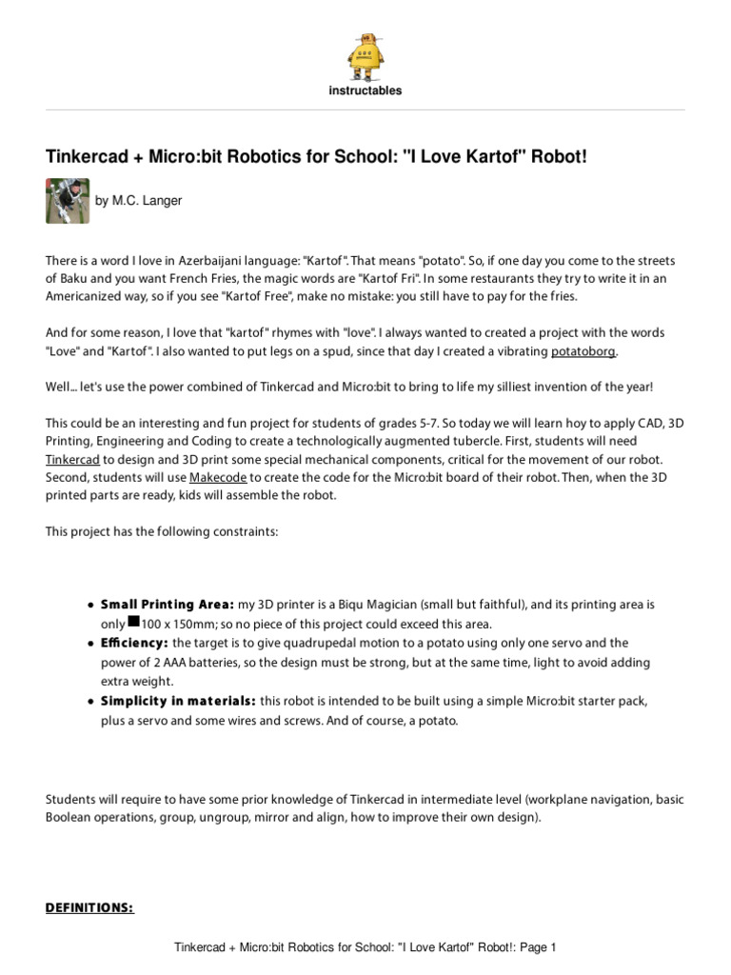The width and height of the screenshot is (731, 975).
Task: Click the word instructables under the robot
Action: pyautogui.click(x=365, y=91)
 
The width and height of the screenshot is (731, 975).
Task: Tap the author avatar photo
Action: pyautogui.click(x=68, y=201)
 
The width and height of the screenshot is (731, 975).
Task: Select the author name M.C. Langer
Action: pyautogui.click(x=139, y=201)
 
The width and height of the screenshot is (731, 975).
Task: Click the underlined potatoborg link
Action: pyautogui.click(x=584, y=352)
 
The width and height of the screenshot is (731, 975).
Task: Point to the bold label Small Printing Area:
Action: pyautogui.click(x=168, y=605)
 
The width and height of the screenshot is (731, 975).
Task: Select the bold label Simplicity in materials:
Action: pyautogui.click(x=178, y=702)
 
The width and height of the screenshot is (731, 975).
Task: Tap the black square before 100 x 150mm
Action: pyautogui.click(x=133, y=622)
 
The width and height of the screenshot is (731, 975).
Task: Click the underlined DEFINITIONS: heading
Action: pyautogui.click(x=90, y=907)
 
